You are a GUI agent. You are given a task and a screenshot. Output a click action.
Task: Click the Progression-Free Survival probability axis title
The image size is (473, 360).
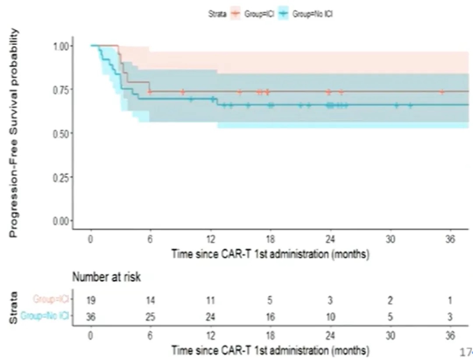click(x=15, y=133)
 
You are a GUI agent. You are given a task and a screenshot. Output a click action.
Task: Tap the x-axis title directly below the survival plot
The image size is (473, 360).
click(x=270, y=254)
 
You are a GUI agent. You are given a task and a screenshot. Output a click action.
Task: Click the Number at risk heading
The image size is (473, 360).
click(x=106, y=277)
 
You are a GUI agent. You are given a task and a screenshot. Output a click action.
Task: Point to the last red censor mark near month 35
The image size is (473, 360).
click(x=442, y=92)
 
